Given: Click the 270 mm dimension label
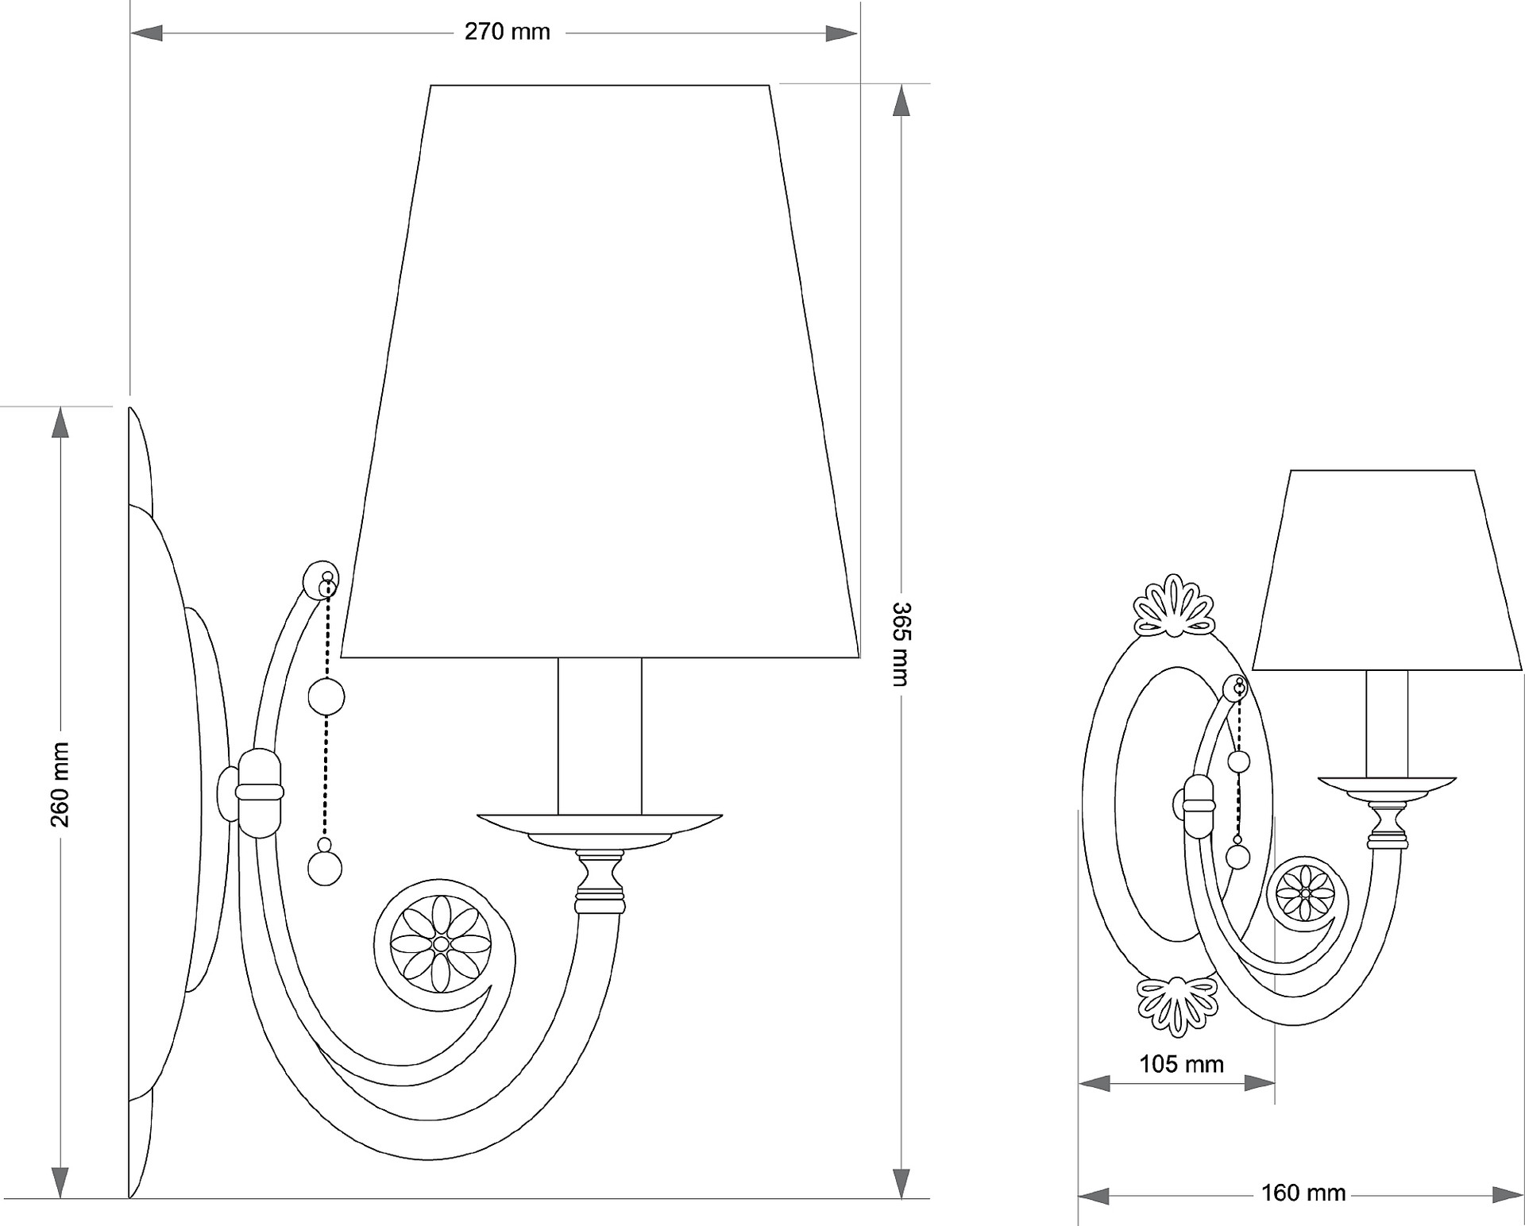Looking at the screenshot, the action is tap(507, 32).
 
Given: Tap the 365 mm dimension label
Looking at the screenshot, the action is tap(901, 644).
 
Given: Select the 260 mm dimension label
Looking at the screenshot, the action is tap(60, 785).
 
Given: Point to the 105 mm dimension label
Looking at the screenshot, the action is tap(1181, 1064).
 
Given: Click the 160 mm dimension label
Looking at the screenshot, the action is tap(1303, 1193).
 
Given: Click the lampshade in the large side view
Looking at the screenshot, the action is tap(600, 372).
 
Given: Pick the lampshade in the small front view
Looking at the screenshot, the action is tap(1387, 570).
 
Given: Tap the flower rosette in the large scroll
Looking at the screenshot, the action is tap(442, 944).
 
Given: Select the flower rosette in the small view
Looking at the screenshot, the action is tap(1305, 893).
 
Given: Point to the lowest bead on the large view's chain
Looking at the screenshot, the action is tap(325, 868).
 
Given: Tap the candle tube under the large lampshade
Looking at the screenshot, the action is tap(600, 736).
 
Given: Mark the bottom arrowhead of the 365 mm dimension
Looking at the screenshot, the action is tap(901, 1182).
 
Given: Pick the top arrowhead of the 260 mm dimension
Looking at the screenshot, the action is tap(60, 423).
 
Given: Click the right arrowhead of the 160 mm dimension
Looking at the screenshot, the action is tap(1508, 1193).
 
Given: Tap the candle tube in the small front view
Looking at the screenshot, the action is tap(1387, 724).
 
